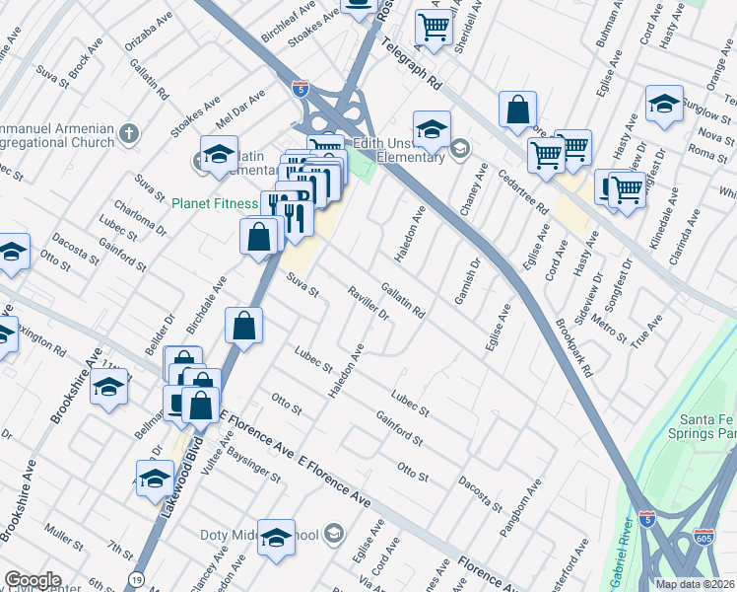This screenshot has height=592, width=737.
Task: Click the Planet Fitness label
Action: click(214, 204)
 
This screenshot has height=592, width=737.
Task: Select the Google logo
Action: click(33, 580)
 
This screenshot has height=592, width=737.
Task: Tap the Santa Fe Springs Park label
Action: click(703, 425)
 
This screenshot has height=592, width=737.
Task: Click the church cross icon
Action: click(129, 133)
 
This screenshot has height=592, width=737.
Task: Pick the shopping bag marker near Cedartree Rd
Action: click(517, 111)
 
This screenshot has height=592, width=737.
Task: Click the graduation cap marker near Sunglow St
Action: click(665, 103)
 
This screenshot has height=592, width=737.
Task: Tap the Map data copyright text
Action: click(694, 584)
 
